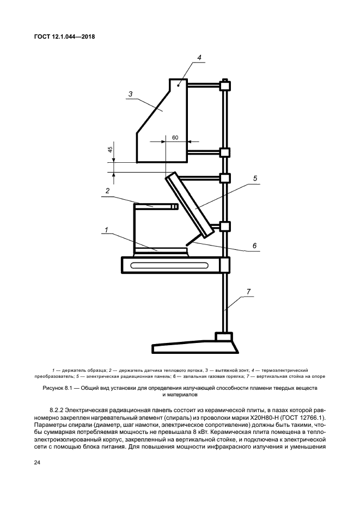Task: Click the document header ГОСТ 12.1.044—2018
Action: pyautogui.click(x=64, y=38)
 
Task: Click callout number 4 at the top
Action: pyautogui.click(x=199, y=57)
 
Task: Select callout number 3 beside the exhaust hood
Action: pyautogui.click(x=131, y=94)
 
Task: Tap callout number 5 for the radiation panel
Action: pyautogui.click(x=255, y=178)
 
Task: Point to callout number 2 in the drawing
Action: pyautogui.click(x=108, y=191)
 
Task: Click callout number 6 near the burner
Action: pyautogui.click(x=254, y=246)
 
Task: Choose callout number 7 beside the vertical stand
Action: pyautogui.click(x=248, y=292)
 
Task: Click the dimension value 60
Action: pyautogui.click(x=175, y=137)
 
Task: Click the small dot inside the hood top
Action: pyautogui.click(x=178, y=85)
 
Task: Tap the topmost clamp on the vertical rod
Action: pyautogui.click(x=224, y=85)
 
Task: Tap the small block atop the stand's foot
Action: pyautogui.click(x=223, y=338)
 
